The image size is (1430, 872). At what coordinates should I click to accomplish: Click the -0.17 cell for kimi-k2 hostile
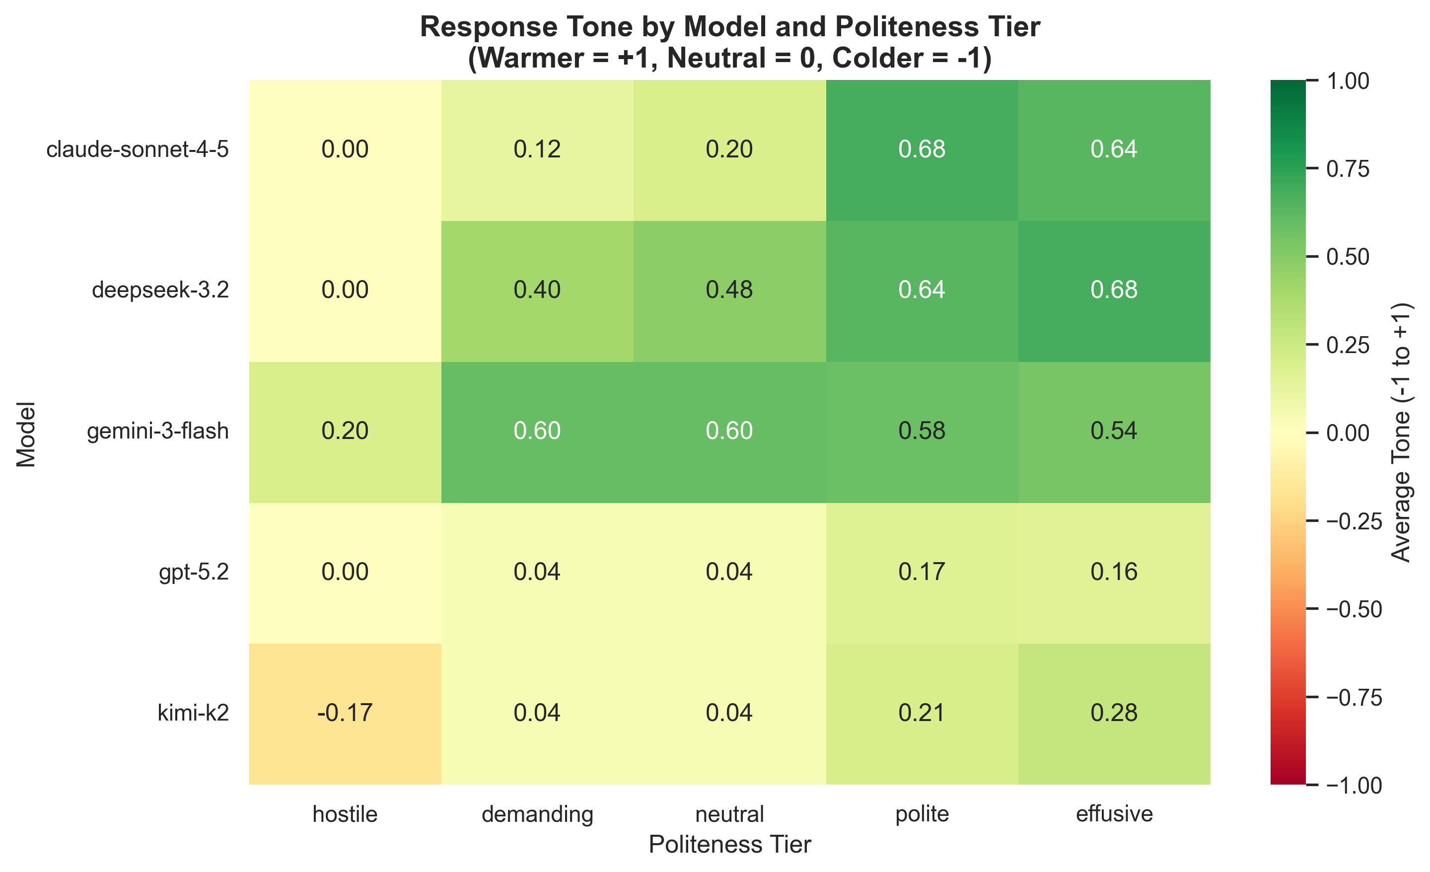click(345, 713)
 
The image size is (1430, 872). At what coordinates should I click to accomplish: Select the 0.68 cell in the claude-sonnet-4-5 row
click(922, 150)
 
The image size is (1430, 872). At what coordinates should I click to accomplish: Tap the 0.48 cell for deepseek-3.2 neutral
click(729, 291)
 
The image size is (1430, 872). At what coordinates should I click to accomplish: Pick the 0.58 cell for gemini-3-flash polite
click(922, 432)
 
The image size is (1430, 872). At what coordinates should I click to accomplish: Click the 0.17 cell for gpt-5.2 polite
click(922, 573)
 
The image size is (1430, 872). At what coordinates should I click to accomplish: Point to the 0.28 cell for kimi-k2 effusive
click(1114, 713)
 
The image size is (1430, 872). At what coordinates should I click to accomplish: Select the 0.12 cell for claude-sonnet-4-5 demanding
click(537, 150)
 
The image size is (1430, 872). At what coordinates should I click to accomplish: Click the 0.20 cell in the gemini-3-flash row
click(345, 432)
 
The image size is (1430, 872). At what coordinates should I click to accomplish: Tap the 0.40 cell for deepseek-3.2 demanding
click(537, 291)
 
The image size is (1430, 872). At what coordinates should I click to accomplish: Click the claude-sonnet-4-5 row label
click(138, 150)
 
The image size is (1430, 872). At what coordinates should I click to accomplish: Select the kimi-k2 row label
click(193, 713)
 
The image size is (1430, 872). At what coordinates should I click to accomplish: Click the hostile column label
click(345, 814)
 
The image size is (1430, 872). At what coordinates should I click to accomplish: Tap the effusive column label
click(1114, 814)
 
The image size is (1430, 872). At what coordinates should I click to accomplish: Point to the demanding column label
click(537, 814)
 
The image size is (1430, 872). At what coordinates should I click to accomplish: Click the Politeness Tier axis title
click(729, 845)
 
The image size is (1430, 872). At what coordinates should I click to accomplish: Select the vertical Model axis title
click(26, 434)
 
